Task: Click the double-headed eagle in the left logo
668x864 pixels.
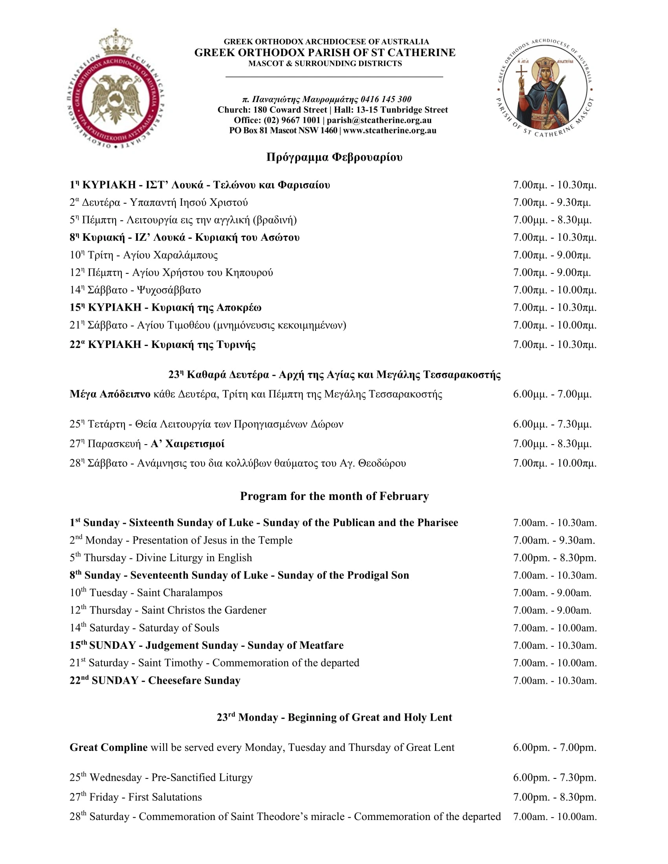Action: pyautogui.click(x=115, y=99)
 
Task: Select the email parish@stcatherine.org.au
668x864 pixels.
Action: pyautogui.click(x=379, y=120)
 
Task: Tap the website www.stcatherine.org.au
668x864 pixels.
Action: pyautogui.click(x=390, y=130)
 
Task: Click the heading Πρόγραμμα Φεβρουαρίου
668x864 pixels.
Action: pyautogui.click(x=334, y=157)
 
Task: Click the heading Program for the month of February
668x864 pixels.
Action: pyautogui.click(x=334, y=496)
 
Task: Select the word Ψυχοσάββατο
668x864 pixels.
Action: pyautogui.click(x=169, y=290)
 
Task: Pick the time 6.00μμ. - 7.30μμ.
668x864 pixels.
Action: pyautogui.click(x=552, y=424)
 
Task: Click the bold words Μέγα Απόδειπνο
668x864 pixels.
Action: pyautogui.click(x=110, y=394)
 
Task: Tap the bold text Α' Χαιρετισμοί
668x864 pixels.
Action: pyautogui.click(x=187, y=444)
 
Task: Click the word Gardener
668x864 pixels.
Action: pyautogui.click(x=245, y=610)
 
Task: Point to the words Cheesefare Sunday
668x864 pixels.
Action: pyautogui.click(x=194, y=681)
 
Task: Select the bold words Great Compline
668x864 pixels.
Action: pyautogui.click(x=108, y=747)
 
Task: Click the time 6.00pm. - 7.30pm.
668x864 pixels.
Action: pyautogui.click(x=554, y=777)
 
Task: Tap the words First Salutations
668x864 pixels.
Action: pyautogui.click(x=165, y=797)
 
